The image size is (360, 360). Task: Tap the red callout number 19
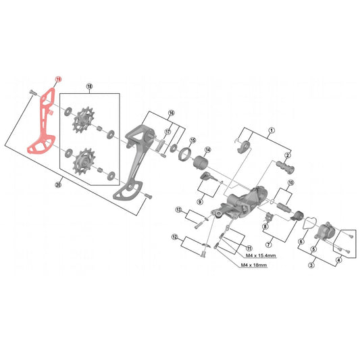[59, 80]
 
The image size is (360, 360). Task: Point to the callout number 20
[58, 184]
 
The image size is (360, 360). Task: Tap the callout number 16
[172, 113]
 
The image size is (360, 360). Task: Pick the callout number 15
[192, 140]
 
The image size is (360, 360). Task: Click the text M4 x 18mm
[253, 265]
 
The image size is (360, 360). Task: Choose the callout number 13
[178, 210]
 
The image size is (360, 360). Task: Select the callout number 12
[175, 236]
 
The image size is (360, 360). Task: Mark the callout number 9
[201, 201]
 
